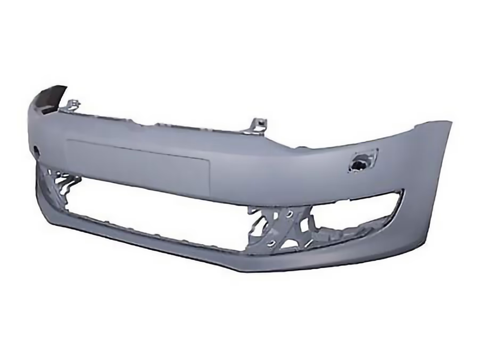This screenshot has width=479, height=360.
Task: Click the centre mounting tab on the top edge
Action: pyautogui.click(x=259, y=124)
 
